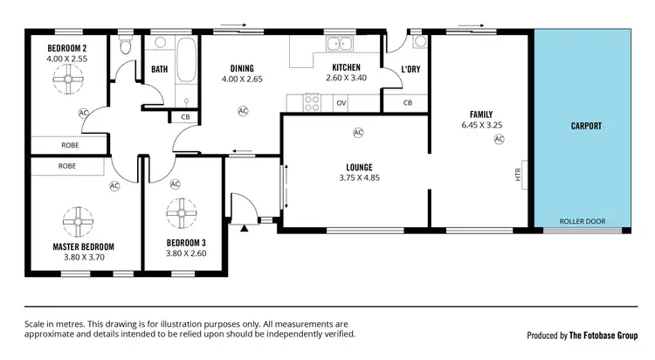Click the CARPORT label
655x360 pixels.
click(586, 126)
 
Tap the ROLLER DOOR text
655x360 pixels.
click(582, 221)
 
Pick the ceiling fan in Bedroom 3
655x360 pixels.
click(183, 211)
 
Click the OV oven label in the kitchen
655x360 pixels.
click(341, 103)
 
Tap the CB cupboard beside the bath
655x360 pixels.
click(185, 117)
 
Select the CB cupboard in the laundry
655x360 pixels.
click(407, 103)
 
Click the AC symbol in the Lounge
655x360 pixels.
click(358, 133)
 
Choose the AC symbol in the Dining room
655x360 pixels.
click(242, 111)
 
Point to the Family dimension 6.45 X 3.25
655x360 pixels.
click(481, 125)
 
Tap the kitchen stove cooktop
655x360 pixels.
click(311, 102)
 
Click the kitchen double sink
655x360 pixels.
click(337, 44)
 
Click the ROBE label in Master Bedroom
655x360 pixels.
click(67, 165)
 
